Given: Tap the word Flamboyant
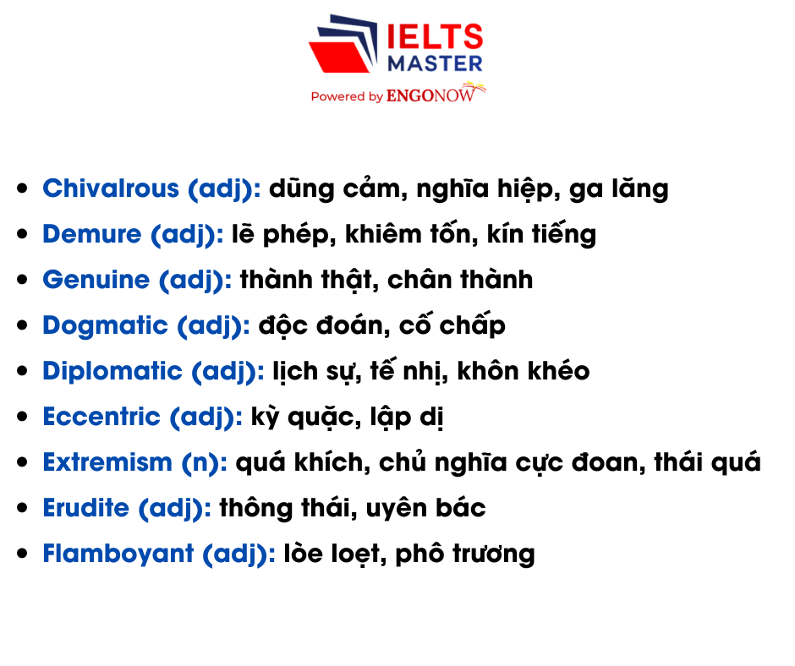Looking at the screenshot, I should click(107, 554).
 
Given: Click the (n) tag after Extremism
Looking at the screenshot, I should click(204, 462).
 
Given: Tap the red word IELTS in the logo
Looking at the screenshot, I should click(434, 37).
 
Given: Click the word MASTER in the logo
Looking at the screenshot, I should click(434, 63).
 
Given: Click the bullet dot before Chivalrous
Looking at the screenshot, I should click(23, 188).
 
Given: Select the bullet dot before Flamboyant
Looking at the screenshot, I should click(23, 554).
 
